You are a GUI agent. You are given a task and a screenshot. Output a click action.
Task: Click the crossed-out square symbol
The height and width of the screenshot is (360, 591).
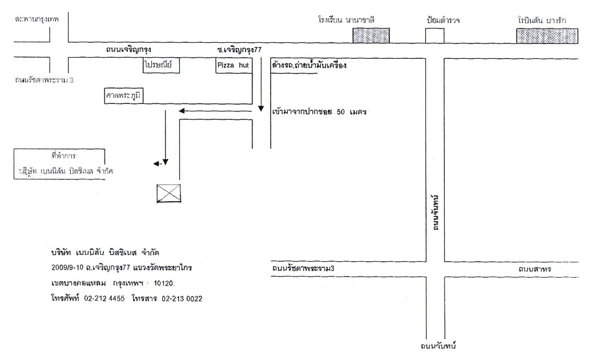[x=169, y=193]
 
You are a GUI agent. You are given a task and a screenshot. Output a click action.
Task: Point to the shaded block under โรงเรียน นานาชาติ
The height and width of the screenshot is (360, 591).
[x=371, y=35]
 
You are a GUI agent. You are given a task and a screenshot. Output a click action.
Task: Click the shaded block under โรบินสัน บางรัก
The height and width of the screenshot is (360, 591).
[x=546, y=35]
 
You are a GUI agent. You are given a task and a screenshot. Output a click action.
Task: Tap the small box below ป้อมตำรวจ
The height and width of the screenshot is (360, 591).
[x=435, y=35]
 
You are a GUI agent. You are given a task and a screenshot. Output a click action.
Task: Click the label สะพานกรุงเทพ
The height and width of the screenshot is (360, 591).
[x=38, y=18]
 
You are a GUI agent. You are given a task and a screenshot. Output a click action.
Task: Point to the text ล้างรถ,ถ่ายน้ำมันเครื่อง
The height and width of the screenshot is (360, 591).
[x=311, y=66]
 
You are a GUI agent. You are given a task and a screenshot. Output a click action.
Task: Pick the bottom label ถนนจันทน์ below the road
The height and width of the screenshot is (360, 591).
[x=439, y=346]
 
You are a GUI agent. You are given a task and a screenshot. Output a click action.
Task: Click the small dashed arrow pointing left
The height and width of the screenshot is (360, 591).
[x=156, y=165]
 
